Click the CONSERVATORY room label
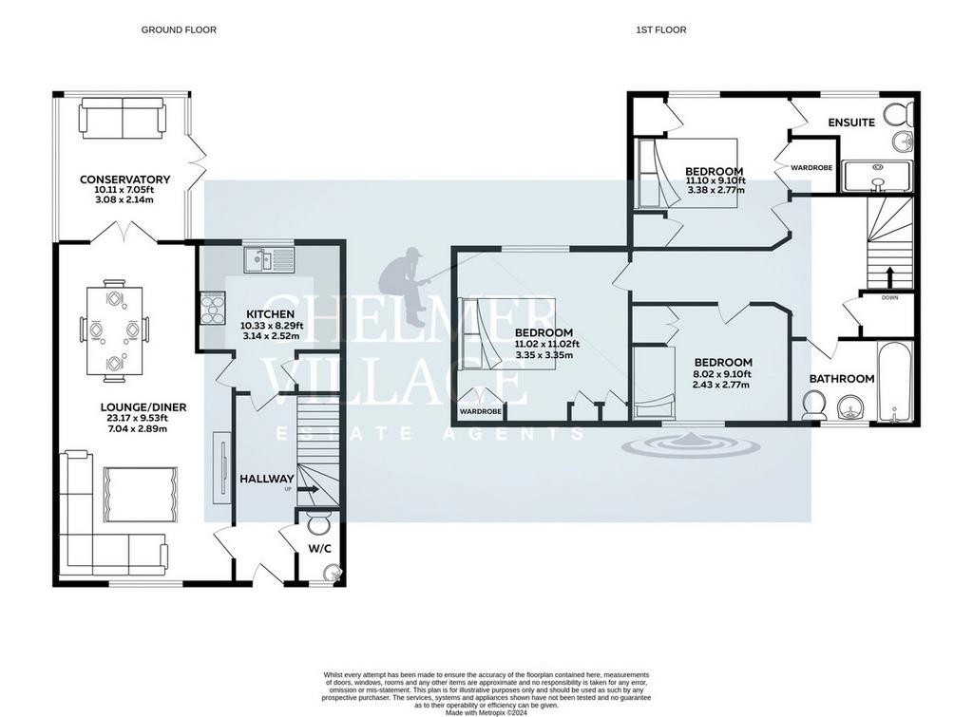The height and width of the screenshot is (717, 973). [124, 179]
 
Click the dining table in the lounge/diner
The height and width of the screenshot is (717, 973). [114, 330]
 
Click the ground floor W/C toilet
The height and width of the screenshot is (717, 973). [319, 524]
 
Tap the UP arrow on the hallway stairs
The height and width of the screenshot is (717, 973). [309, 489]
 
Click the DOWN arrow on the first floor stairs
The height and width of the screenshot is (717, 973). [889, 277]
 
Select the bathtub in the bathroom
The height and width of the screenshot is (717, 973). [894, 382]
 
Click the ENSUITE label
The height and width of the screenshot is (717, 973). [851, 123]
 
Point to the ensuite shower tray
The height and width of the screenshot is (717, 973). [877, 176]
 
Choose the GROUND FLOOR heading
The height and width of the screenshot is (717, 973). [179, 29]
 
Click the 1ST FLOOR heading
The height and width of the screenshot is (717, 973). [661, 29]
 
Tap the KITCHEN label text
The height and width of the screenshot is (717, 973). [270, 313]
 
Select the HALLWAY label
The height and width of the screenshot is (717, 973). [267, 479]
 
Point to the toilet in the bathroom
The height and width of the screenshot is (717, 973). [813, 406]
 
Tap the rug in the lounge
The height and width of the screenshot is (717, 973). [141, 495]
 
